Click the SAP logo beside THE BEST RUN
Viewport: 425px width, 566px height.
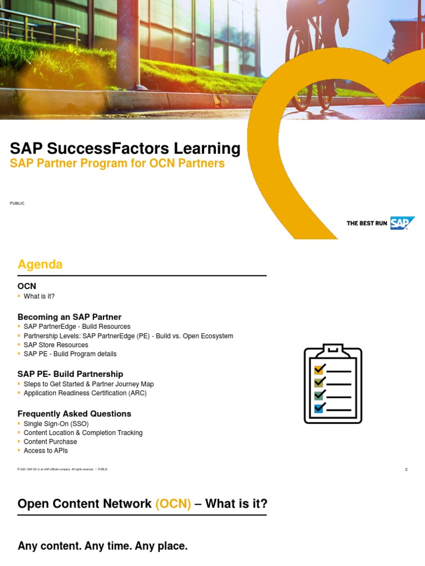402,223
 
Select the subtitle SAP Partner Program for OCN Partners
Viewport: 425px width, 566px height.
117,164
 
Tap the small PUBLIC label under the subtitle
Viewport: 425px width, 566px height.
17,203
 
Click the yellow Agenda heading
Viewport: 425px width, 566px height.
40,265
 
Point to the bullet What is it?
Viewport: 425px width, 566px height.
39,296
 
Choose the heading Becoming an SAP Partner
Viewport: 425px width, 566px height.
69,317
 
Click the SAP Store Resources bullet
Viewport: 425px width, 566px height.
56,345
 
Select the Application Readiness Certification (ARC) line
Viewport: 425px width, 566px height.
85,393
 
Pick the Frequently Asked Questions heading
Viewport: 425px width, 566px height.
74,413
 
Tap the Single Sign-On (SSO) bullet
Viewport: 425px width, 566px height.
56,424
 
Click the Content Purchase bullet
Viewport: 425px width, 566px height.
50,442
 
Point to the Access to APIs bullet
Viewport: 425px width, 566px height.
46,450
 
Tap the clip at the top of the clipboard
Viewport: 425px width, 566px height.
333,349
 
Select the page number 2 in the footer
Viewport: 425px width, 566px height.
406,470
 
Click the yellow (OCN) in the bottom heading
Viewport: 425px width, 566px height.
173,504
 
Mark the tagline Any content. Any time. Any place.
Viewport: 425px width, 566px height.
102,546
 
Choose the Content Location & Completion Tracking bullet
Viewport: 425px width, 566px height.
83,433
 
